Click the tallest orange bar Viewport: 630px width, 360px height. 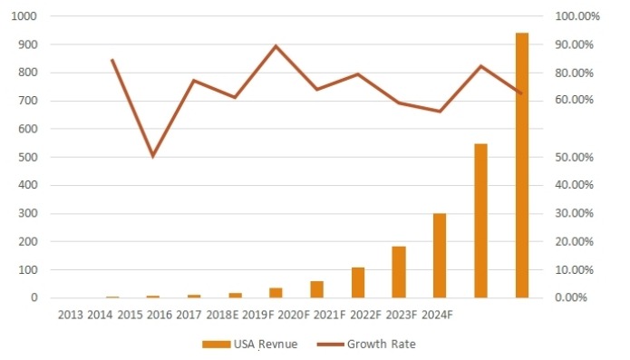[x=522, y=165]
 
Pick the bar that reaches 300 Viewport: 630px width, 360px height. [x=440, y=255]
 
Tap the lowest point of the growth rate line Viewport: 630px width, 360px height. [x=153, y=156]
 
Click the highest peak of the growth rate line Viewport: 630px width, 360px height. [x=276, y=46]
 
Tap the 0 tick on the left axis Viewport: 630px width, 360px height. [x=34, y=297]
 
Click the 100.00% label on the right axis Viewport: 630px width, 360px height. [x=573, y=16]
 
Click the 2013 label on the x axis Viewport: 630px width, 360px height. [x=71, y=315]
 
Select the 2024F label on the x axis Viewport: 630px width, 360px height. [x=434, y=315]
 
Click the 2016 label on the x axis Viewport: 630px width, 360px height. [x=158, y=315]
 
